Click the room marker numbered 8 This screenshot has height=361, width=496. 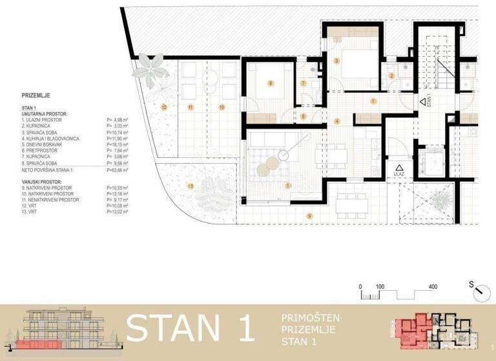(x=271, y=83)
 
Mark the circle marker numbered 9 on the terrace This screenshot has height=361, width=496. (x=310, y=215)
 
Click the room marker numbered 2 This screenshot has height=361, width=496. (x=391, y=76)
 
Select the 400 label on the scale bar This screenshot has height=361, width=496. (x=433, y=286)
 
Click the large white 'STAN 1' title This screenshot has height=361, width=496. (x=190, y=329)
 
